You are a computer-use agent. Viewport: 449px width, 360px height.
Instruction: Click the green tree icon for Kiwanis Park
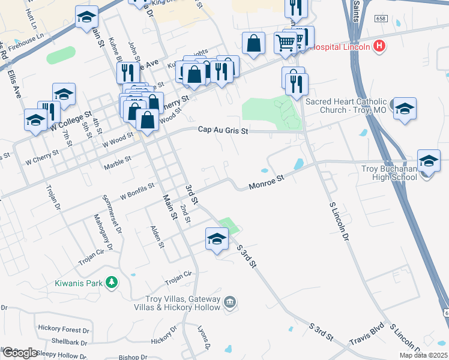111,281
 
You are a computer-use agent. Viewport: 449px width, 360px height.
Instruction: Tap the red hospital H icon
379,46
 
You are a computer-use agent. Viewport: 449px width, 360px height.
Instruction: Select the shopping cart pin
286,42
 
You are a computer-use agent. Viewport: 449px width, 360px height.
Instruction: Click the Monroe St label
265,182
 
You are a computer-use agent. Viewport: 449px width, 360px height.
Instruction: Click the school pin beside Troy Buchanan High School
428,161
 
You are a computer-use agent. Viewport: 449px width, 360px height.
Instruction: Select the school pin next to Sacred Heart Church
405,109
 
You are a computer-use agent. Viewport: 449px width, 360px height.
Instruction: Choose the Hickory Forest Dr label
64,329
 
